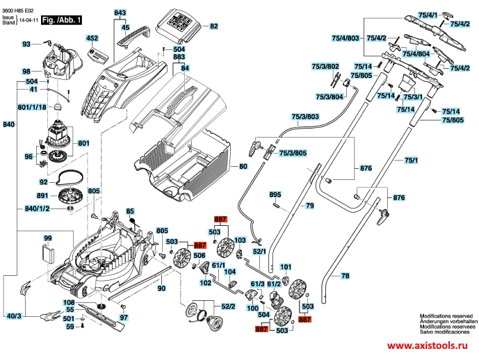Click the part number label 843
120,14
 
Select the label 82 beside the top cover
213,26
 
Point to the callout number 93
27,44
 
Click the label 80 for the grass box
243,167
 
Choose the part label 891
42,196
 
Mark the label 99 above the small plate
48,238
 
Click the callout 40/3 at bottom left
13,317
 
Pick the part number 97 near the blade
124,318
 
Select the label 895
275,195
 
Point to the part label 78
345,277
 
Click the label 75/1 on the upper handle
411,161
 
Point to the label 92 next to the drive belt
43,182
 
